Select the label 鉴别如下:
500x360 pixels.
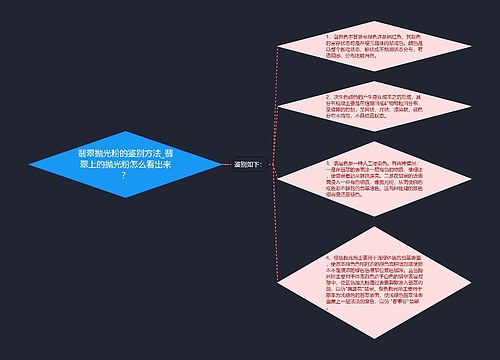click(246, 164)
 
